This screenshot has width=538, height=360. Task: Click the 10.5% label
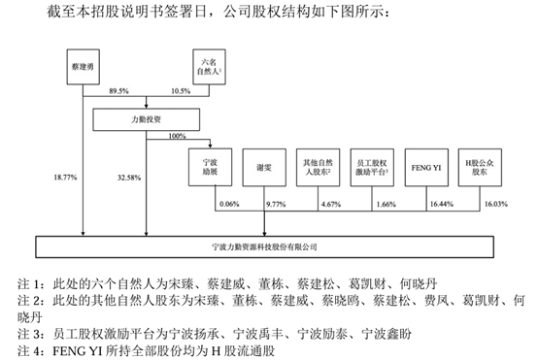pos(182,90)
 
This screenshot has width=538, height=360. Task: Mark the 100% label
pos(177,137)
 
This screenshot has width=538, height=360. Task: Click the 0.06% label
pos(229,205)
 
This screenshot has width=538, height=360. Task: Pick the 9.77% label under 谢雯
pos(278,205)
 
